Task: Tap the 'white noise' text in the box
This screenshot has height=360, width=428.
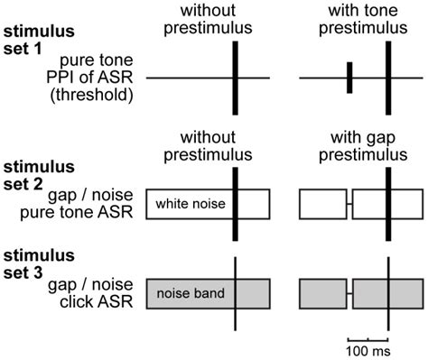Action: tap(190, 205)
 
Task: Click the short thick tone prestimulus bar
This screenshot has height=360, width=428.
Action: tap(349, 78)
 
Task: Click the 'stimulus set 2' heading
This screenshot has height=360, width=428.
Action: tap(33, 174)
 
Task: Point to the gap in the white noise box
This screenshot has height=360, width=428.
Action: tap(349, 205)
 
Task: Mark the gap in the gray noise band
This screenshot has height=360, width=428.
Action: tap(349, 294)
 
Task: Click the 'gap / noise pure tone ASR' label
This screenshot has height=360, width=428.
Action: tap(90, 206)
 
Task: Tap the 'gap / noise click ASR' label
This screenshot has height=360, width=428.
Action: tap(90, 293)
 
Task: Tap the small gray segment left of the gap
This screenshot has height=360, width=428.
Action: tap(322, 294)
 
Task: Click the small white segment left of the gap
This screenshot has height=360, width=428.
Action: tap(322, 205)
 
